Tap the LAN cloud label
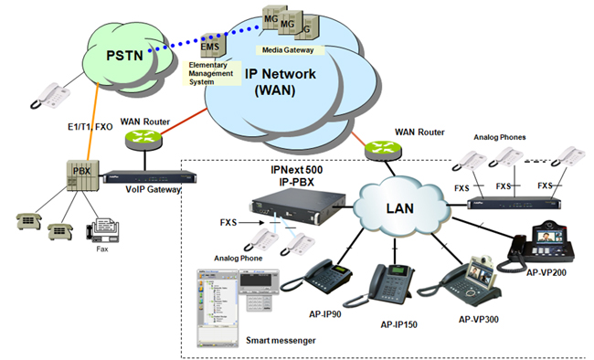[400, 208]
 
